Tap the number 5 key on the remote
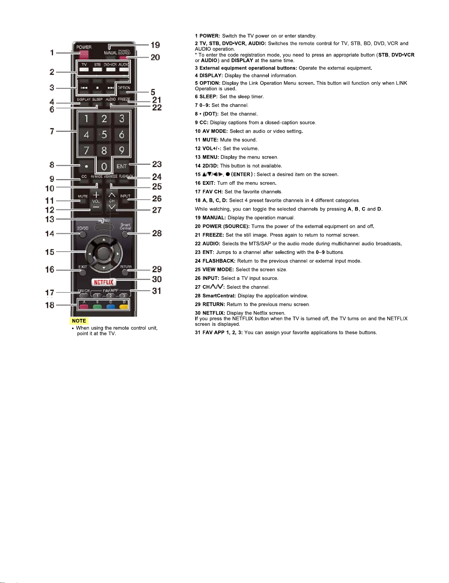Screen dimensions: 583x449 pos(104,134)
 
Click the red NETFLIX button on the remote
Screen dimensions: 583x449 pos(104,282)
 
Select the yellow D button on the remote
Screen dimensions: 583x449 pos(124,306)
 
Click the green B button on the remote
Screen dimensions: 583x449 pos(97,306)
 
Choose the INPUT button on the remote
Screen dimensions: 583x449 pos(125,198)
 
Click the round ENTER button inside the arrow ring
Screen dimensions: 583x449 pos(104,253)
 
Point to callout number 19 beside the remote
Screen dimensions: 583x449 pos(155,45)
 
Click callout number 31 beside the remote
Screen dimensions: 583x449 pos(157,291)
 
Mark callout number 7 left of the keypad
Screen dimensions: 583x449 pos(52,131)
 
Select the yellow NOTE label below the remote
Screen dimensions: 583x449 pos(79,321)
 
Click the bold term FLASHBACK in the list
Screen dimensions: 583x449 pos(219,261)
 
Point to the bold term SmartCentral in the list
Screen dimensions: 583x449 pos(219,296)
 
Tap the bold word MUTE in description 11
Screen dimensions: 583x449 pos(210,140)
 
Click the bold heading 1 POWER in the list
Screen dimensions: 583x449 pos(207,36)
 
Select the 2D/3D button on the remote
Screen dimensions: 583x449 pos(82,233)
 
